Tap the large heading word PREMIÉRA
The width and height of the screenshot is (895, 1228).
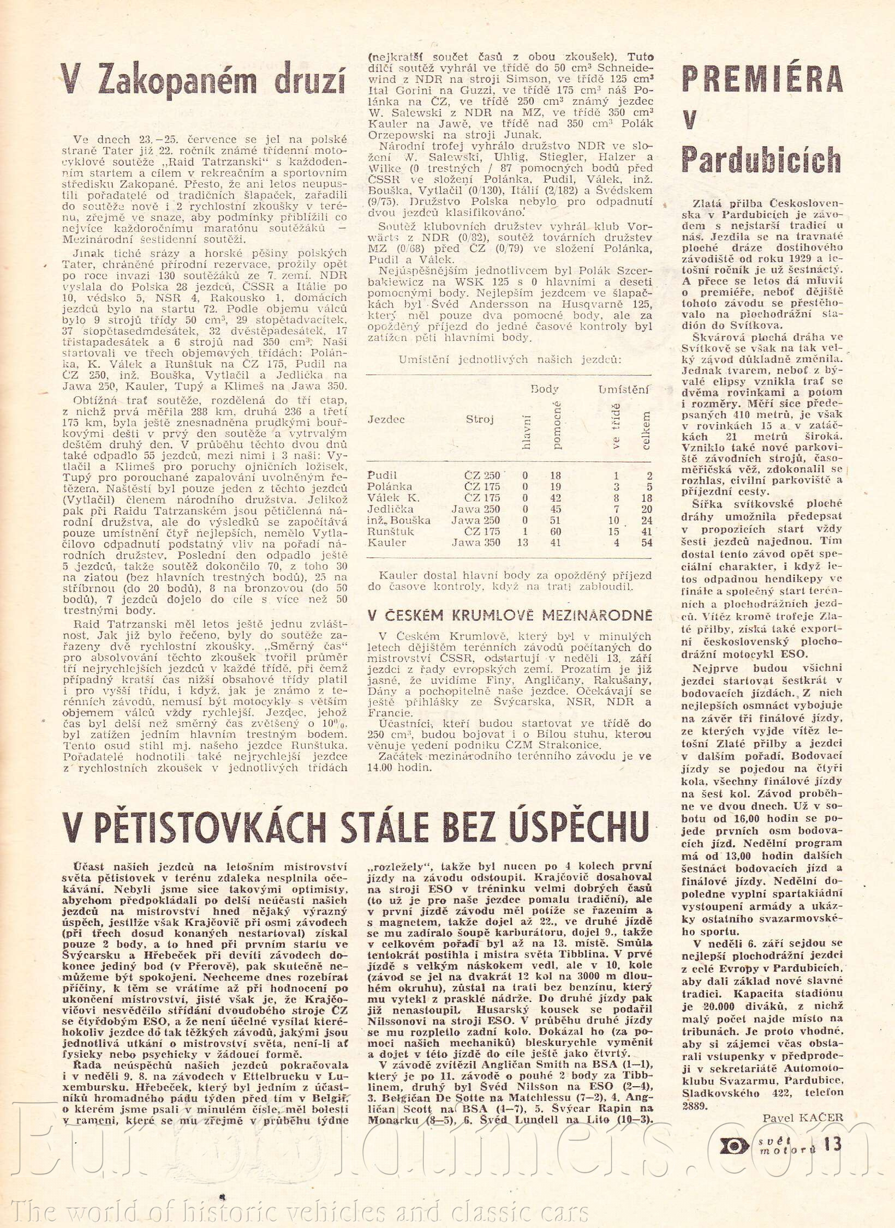[762, 80]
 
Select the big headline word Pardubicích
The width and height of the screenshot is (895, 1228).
[761, 160]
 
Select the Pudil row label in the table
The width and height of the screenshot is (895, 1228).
[382, 475]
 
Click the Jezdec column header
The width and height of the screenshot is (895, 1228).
[386, 419]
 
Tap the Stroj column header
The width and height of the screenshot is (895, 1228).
[480, 419]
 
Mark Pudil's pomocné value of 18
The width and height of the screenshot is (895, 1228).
[556, 475]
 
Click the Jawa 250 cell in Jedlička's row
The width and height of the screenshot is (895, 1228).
[476, 509]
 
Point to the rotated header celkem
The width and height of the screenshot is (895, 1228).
[646, 431]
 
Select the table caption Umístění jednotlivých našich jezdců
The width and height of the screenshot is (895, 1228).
[510, 359]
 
